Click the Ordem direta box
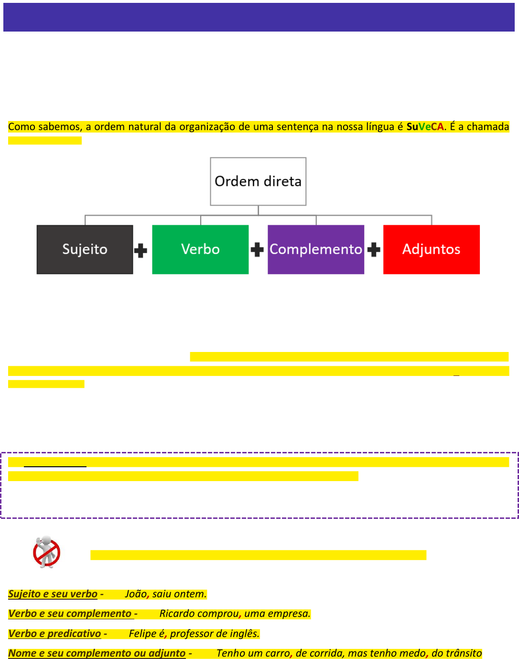coord(258,181)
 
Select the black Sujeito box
coord(85,249)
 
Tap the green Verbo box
coord(200,249)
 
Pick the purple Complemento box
coord(316,249)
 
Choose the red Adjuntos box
coord(431,249)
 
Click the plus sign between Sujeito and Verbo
coord(141,251)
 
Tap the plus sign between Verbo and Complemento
coord(257,250)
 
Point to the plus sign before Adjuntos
coord(374,250)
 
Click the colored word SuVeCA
coord(425,127)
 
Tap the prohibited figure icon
coord(46,552)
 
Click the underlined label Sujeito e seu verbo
coord(53,594)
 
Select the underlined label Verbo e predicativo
coord(54,634)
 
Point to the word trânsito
coord(463,653)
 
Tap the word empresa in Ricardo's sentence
coord(291,614)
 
